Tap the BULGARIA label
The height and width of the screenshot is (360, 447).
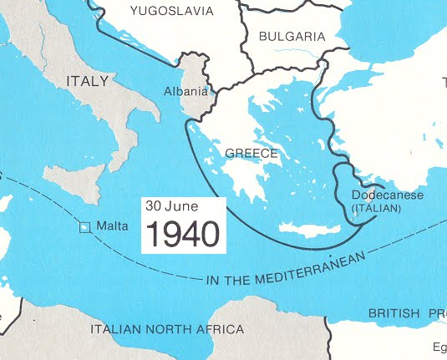291,37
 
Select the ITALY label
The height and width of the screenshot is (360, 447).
87,81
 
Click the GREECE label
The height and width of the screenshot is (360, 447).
251,154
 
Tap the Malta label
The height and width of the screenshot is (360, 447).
112,226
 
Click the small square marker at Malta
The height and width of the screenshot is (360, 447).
84,226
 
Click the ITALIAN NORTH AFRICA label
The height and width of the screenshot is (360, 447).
167,329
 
